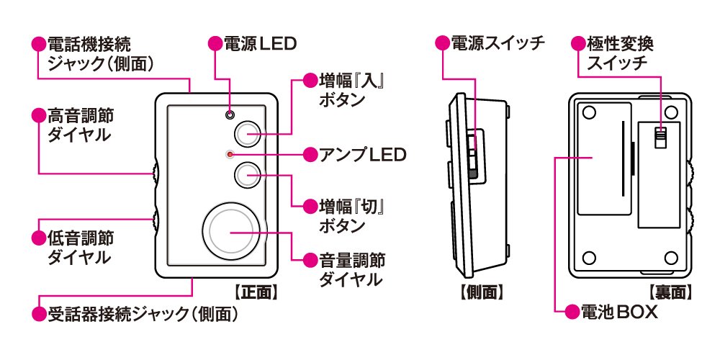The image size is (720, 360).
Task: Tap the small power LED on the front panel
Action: tap(230, 114)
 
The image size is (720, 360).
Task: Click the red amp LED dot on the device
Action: tap(230, 154)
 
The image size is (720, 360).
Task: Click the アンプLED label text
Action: tap(355, 154)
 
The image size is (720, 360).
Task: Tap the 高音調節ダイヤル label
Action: tap(81, 124)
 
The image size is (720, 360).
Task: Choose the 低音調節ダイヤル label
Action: tap(81, 246)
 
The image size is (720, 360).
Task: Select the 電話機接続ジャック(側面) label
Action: tap(100, 53)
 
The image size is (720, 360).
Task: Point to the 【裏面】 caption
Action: tap(670, 293)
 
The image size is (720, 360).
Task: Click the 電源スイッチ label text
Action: tap(497, 43)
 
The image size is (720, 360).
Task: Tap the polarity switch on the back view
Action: tap(660, 136)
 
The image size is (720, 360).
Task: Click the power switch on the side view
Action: tap(472, 155)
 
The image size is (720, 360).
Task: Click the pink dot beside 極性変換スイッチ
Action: tap(578, 43)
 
